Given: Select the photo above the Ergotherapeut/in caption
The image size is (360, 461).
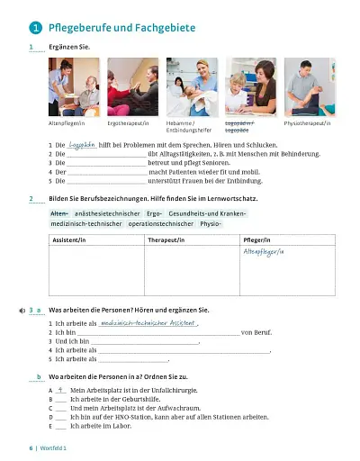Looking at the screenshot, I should click(x=132, y=87).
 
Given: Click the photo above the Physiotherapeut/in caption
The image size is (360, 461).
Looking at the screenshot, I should click(x=308, y=87).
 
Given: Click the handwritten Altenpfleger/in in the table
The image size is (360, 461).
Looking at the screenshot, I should click(x=263, y=253).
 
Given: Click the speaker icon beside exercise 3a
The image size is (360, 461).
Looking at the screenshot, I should click(x=21, y=309).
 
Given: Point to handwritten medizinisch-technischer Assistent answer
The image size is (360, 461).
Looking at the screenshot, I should click(x=148, y=321).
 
